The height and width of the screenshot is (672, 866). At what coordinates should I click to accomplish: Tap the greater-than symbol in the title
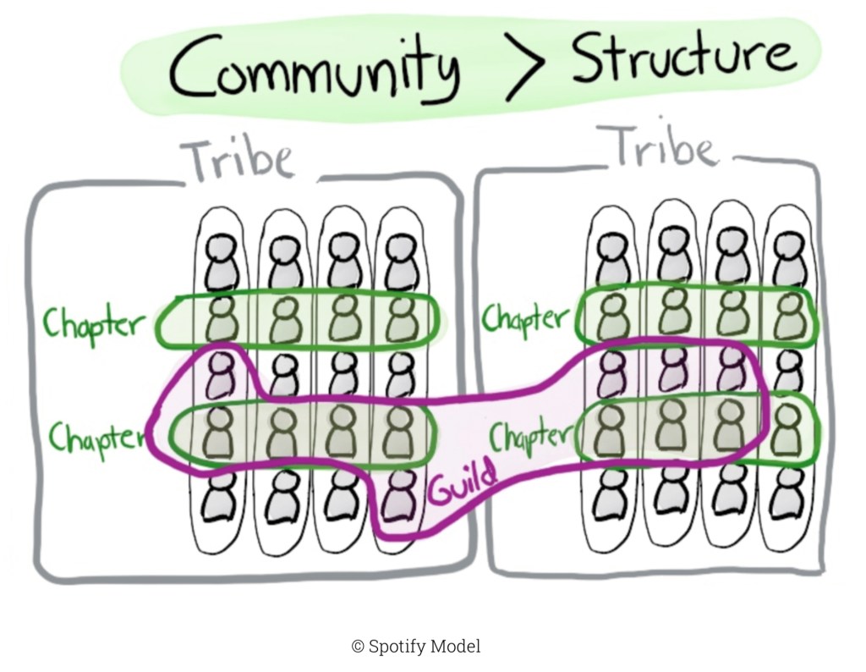click(x=525, y=66)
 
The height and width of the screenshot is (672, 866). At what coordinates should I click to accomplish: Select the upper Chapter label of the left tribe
click(x=94, y=323)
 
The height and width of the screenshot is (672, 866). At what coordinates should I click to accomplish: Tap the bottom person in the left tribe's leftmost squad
click(x=221, y=498)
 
